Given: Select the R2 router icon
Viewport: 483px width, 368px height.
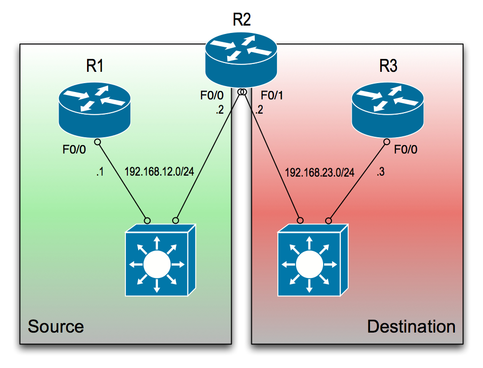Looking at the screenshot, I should [241, 57].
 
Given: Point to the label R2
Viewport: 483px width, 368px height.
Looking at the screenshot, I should [241, 20].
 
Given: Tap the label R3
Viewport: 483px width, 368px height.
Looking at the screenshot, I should [388, 66].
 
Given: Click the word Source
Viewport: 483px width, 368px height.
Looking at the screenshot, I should [56, 326].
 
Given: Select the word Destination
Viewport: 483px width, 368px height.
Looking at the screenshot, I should [411, 326].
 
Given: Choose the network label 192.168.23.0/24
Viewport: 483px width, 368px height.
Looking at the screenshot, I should [319, 173].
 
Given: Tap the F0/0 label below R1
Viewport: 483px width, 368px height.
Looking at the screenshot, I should [74, 150].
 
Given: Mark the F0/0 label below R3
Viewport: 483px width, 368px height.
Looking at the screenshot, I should [406, 150].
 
